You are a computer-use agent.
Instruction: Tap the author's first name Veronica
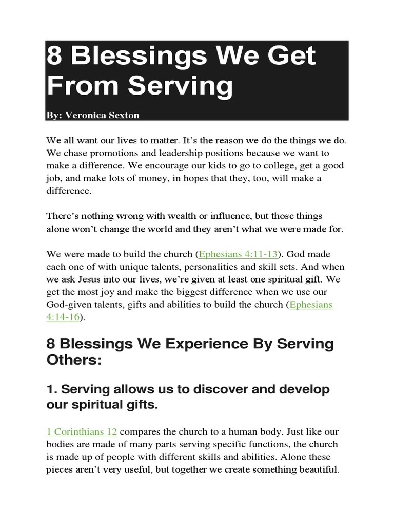(83, 115)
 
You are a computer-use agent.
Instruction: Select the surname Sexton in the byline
(123, 115)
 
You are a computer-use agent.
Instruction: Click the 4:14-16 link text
(63, 317)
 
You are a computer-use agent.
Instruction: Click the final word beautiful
(314, 469)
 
